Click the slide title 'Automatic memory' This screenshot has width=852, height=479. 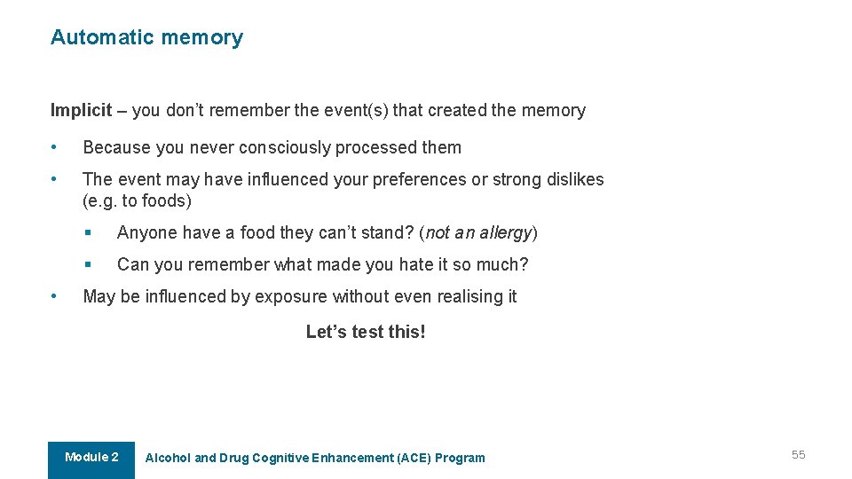[x=146, y=37]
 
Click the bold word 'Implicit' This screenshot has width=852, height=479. [x=81, y=111]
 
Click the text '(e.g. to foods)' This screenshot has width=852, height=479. [x=137, y=200]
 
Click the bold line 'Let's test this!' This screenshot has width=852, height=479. [x=366, y=332]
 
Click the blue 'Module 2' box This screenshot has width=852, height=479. [x=91, y=458]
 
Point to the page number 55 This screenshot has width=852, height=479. [x=799, y=455]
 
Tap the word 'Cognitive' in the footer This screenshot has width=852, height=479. [x=280, y=458]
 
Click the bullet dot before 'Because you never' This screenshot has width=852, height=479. [x=55, y=147]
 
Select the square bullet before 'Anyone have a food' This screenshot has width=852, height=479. [x=90, y=232]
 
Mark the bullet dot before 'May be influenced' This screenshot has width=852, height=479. [x=55, y=296]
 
